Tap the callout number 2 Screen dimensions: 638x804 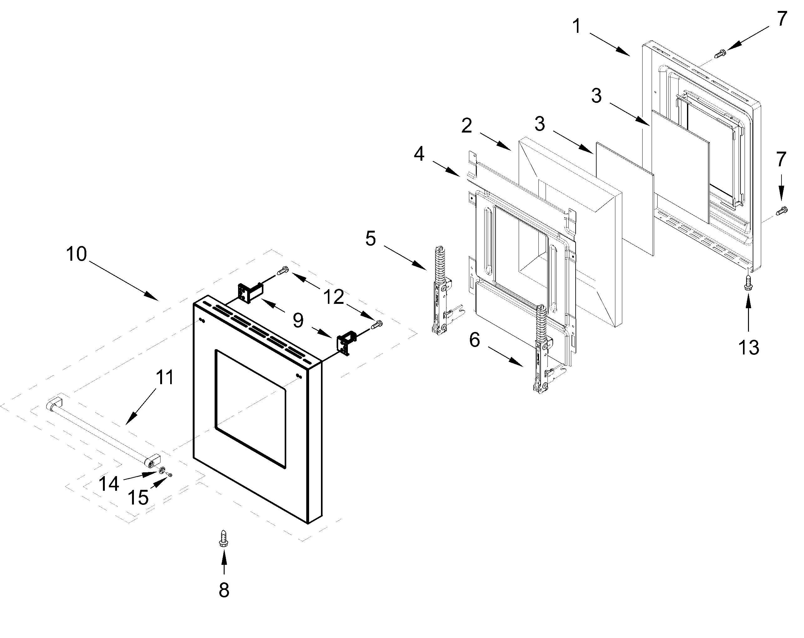pyautogui.click(x=466, y=126)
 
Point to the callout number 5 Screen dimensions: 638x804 pyautogui.click(x=370, y=239)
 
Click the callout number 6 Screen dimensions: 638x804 pyautogui.click(x=474, y=340)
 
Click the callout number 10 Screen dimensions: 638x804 pyautogui.click(x=76, y=254)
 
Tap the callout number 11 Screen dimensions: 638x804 pyautogui.click(x=165, y=378)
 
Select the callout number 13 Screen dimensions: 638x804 pyautogui.click(x=748, y=347)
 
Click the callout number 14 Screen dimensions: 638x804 pyautogui.click(x=109, y=484)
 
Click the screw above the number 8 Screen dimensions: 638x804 pyautogui.click(x=224, y=539)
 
